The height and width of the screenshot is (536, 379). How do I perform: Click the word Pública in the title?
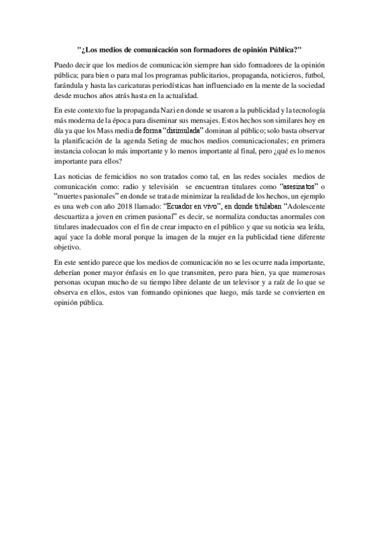point(276,49)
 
